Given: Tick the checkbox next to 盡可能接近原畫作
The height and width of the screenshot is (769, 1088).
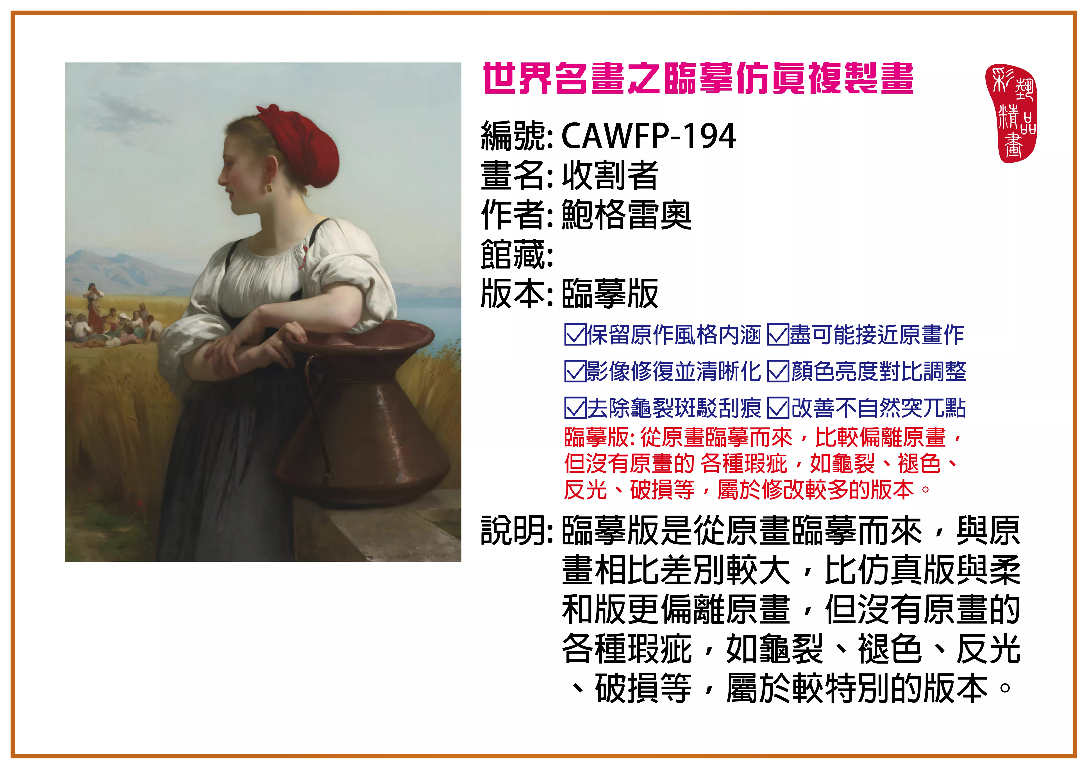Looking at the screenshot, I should point(778,335).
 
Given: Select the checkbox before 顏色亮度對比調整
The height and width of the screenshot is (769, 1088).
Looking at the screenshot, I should point(778,371).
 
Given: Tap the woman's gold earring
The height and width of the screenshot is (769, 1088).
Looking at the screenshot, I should point(269,189).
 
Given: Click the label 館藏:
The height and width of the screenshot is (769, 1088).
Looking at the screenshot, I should point(516,254).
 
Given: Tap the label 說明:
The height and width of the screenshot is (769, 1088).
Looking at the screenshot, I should point(516,530).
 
